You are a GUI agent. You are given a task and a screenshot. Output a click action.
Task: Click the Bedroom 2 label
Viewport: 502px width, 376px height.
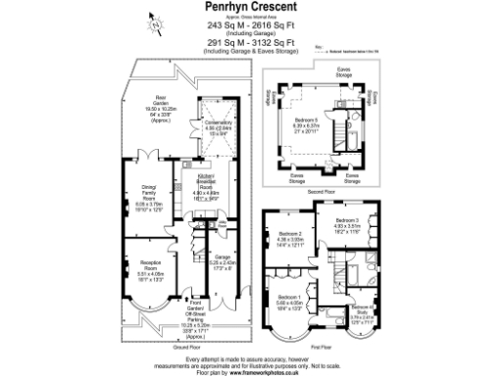pos(291,237)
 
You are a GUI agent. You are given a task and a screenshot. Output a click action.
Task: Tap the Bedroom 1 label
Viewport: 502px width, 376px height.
pos(289,300)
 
